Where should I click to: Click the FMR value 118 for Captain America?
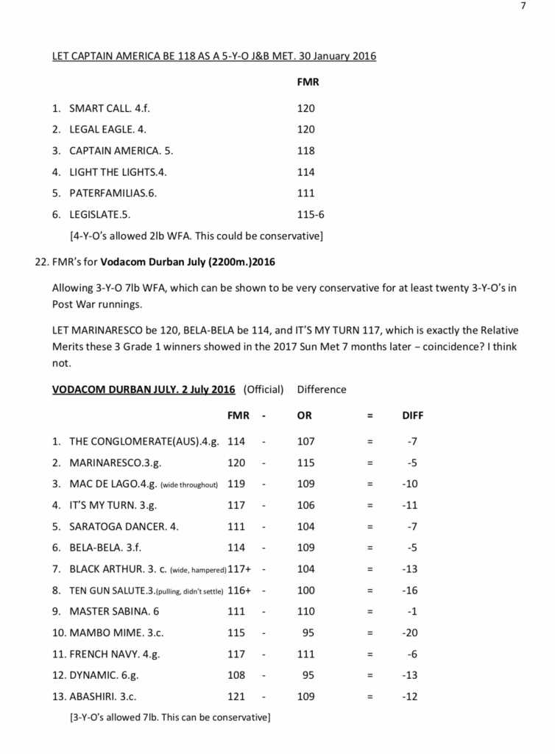tap(305, 151)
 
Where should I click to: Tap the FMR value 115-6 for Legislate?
tap(311, 215)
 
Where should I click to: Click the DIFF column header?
tap(412, 415)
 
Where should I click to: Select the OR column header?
tap(304, 415)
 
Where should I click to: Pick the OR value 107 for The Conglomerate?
tap(305, 442)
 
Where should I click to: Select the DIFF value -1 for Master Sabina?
tap(412, 611)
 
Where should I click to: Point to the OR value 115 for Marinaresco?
tap(305, 463)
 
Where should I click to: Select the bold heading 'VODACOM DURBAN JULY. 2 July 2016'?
tap(144, 390)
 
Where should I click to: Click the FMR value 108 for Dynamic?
tap(236, 675)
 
